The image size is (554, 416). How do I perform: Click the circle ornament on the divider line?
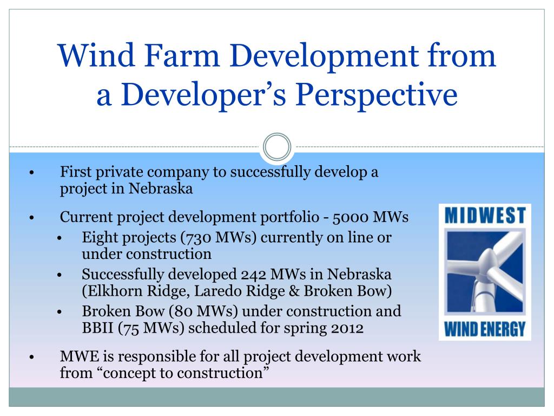pos(277,147)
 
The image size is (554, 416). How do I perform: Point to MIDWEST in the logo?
pos(485,216)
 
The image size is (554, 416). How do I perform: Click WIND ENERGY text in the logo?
pos(485,328)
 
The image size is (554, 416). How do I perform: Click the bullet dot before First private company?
pos(32,173)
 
